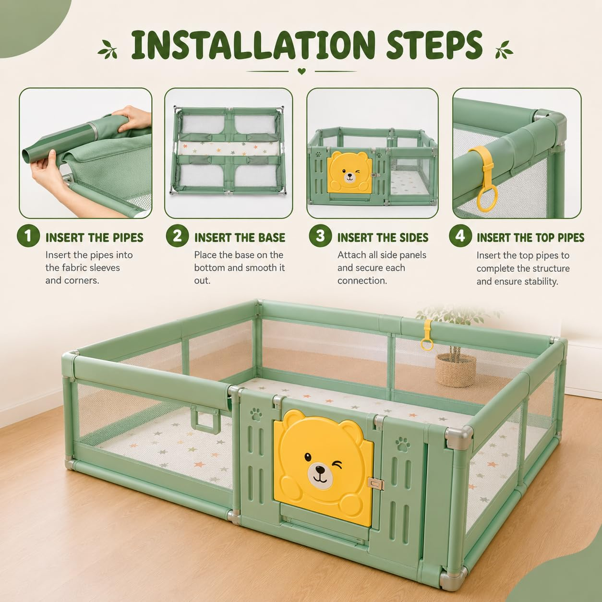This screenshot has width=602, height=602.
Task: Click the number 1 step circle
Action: (28, 236)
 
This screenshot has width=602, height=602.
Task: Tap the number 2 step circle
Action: (177, 236)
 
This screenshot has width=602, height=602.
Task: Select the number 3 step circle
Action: (320, 236)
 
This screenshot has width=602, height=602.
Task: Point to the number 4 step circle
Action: (460, 236)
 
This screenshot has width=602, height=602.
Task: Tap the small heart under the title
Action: (301, 72)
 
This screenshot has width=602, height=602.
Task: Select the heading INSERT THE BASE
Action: (240, 238)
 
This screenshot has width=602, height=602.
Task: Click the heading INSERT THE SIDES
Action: (383, 238)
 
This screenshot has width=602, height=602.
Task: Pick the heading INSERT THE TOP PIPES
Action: (530, 238)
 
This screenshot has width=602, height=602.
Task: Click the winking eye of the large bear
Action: (337, 465)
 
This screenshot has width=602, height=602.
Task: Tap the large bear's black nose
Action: (320, 470)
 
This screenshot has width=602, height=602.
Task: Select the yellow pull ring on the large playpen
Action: (427, 336)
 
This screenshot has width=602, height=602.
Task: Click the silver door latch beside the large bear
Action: (376, 484)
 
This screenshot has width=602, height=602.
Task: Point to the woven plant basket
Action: (456, 370)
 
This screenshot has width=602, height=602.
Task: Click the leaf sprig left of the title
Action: (108, 50)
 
